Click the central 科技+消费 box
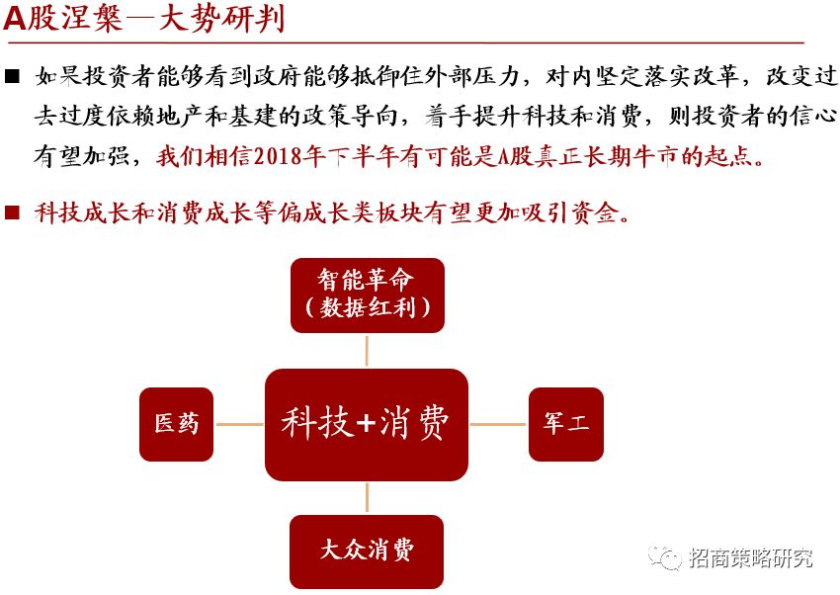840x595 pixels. point(366,425)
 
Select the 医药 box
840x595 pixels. point(177,424)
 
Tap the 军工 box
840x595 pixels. point(566,424)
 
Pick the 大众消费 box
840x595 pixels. point(367,550)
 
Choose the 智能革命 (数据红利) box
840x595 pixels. point(368,294)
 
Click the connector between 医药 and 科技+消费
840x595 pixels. point(239,425)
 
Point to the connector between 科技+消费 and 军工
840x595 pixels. point(498,425)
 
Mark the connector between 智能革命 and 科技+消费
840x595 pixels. point(367,351)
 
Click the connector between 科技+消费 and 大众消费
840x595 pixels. point(367,498)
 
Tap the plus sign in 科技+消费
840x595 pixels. point(366,425)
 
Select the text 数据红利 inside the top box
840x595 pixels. point(368,307)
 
